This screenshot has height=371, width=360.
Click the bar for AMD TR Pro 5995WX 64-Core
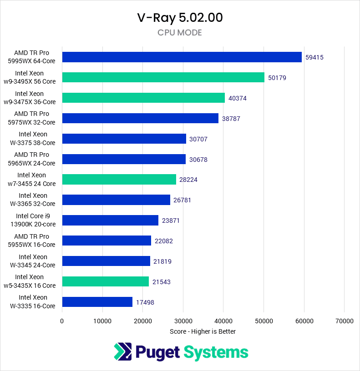[x=182, y=57]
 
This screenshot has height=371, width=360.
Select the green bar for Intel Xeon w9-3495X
[x=163, y=77]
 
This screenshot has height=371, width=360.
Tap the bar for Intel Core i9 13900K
[x=110, y=220]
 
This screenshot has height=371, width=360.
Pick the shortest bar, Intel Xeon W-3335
[x=97, y=302]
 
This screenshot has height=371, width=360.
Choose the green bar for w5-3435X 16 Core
[x=105, y=282]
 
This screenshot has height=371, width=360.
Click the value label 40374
[x=238, y=98]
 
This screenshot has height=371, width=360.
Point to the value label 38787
[x=231, y=119]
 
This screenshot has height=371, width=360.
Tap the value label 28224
[x=188, y=180]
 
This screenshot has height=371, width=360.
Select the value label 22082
[x=163, y=241]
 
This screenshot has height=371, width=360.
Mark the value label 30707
[x=198, y=139]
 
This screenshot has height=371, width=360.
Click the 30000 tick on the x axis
[x=183, y=321]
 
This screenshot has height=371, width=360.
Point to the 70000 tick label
[x=344, y=321]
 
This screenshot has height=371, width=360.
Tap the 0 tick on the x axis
[x=62, y=321]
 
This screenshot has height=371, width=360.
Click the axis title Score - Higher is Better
[x=203, y=331]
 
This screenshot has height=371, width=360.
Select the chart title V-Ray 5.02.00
[x=180, y=18]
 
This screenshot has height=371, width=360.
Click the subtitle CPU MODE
[x=180, y=33]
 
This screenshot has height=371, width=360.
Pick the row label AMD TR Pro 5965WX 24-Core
[x=35, y=159]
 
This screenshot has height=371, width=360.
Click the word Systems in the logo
[x=216, y=352]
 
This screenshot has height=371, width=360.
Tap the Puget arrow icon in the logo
[x=122, y=352]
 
